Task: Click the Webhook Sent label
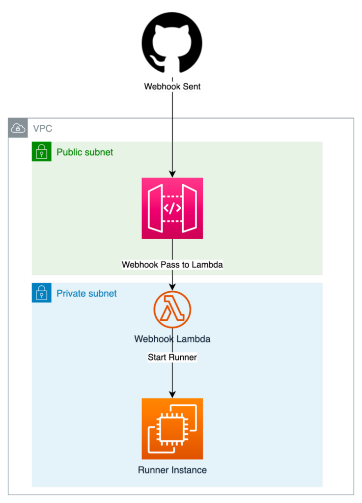[x=172, y=87]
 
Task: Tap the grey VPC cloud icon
[x=18, y=128]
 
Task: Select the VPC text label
[x=42, y=129]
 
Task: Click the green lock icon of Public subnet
[x=41, y=151]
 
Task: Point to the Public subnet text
[x=84, y=152]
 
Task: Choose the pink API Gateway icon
[x=172, y=208]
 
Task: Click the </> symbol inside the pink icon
[x=172, y=208]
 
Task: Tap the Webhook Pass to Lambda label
[x=172, y=265]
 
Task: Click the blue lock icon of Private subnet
[x=41, y=293]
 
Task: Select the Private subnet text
[x=86, y=294]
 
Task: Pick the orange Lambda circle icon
[x=172, y=310]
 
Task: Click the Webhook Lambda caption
[x=172, y=339]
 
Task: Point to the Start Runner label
[x=172, y=358]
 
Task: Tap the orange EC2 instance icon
[x=172, y=428]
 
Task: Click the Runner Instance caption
[x=172, y=470]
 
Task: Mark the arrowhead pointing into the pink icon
[x=172, y=174]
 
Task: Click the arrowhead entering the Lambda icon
[x=172, y=287]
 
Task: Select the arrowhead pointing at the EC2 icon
[x=172, y=394]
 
